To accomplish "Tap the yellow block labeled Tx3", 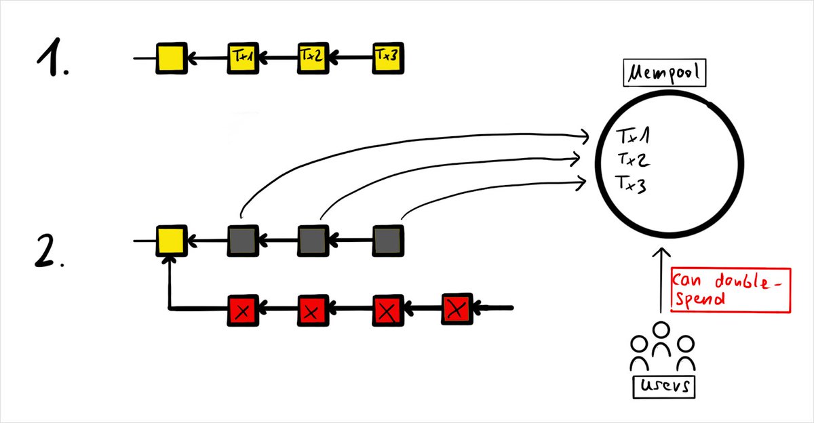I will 388,59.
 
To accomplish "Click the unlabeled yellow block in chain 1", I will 170,59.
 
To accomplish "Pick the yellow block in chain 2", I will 170,240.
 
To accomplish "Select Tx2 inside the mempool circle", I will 632,160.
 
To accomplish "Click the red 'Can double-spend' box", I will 731,289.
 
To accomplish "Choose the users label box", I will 664,386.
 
